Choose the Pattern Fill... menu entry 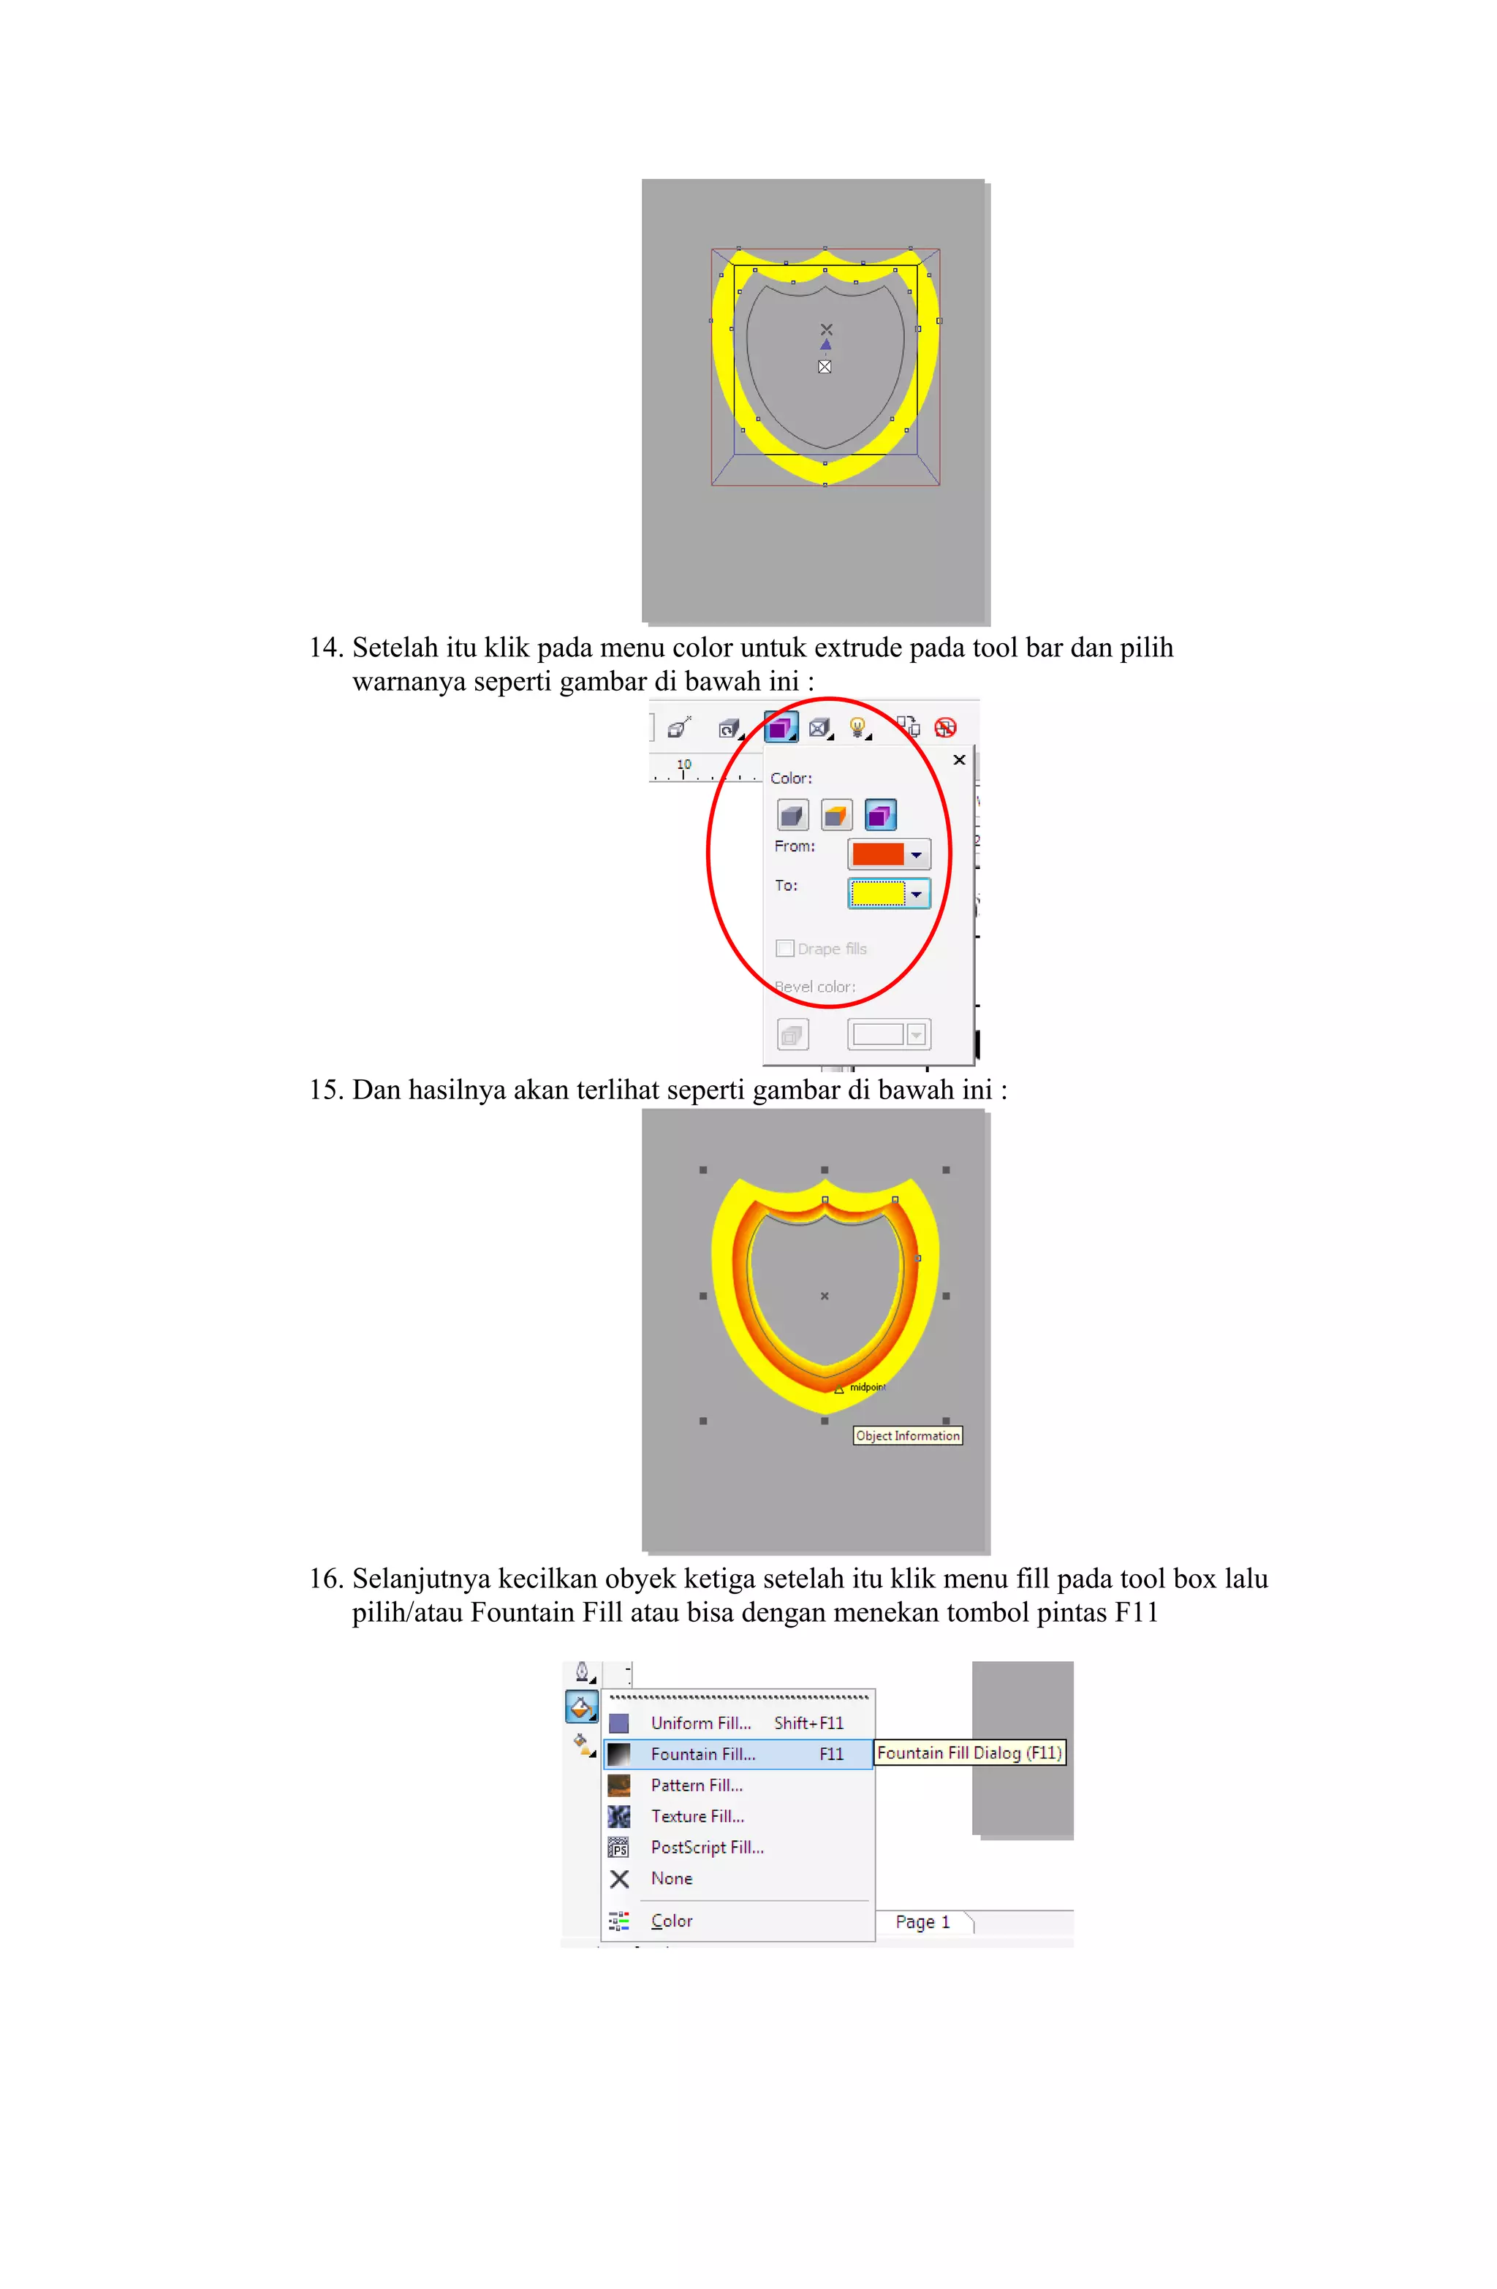click(696, 1785)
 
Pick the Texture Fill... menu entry click(697, 1816)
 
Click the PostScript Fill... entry click(706, 1847)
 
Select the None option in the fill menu click(670, 1878)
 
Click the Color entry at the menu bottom click(670, 1921)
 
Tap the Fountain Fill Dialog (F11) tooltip click(969, 1753)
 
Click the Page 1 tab click(922, 1921)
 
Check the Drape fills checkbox click(785, 949)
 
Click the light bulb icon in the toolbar click(856, 727)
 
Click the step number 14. click(325, 648)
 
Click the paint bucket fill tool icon click(581, 1708)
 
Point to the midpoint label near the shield click(866, 1387)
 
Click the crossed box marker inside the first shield click(825, 366)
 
